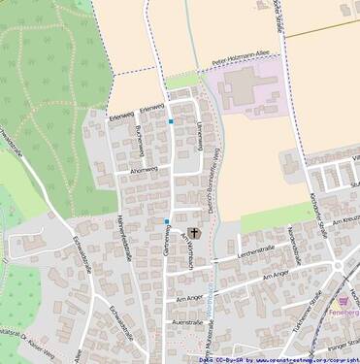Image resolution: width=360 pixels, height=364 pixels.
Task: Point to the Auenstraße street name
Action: pos(191,320)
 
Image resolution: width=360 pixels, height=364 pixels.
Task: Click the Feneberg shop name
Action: pos(344,313)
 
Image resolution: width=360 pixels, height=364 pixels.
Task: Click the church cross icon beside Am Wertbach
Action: pos(194,232)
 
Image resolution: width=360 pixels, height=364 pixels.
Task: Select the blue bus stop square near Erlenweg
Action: pos(171,121)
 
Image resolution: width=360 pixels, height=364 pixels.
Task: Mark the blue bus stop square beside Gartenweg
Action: pos(167,221)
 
